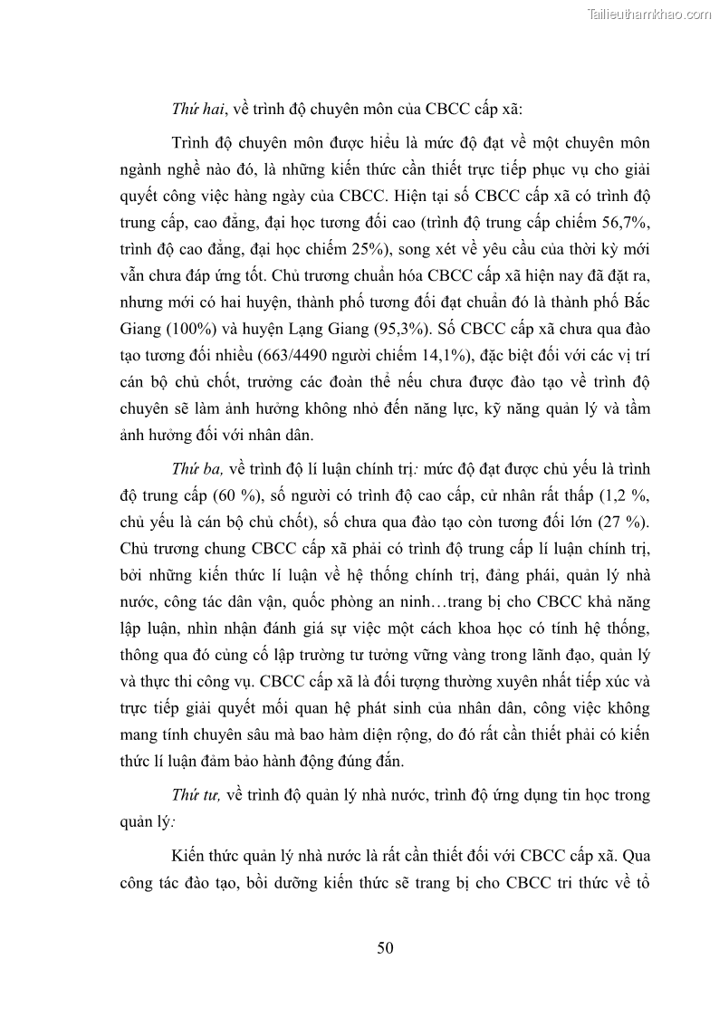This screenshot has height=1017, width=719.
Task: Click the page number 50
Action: pos(385,949)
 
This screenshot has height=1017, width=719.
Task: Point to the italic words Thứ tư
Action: pos(195,796)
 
